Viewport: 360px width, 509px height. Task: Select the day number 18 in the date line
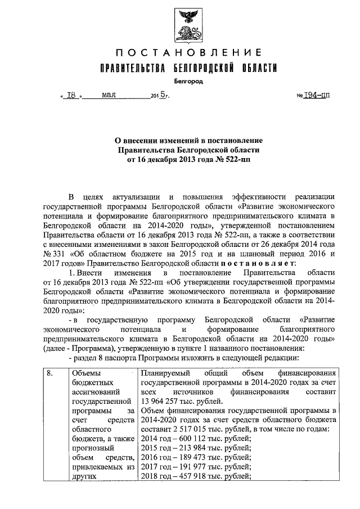coord(71,96)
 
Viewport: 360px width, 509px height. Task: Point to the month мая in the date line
coord(109,95)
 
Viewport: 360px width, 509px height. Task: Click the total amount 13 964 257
coord(163,400)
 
